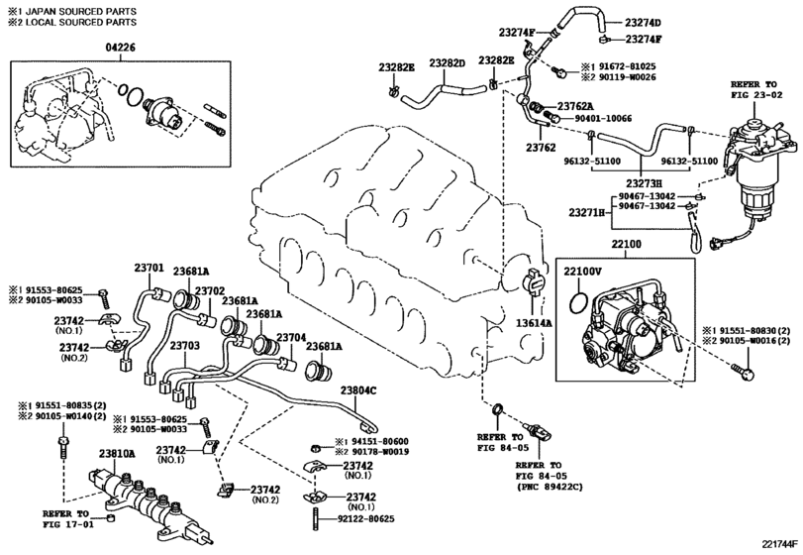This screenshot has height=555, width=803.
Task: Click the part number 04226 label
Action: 121,48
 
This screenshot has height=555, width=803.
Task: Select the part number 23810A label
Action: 117,454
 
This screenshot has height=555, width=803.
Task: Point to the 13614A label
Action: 534,322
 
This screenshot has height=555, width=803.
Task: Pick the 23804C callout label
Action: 358,390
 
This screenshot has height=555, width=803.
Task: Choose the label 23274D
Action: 643,23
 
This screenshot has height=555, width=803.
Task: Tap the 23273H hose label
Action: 644,182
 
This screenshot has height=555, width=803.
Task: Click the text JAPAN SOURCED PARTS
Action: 81,11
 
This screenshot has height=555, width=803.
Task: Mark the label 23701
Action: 150,267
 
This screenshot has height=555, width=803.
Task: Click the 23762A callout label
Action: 575,106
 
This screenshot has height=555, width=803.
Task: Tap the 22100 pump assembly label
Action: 626,245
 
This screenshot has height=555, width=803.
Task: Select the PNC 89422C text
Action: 550,487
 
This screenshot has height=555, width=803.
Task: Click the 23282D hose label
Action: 447,62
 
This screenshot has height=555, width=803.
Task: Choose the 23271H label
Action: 587,212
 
